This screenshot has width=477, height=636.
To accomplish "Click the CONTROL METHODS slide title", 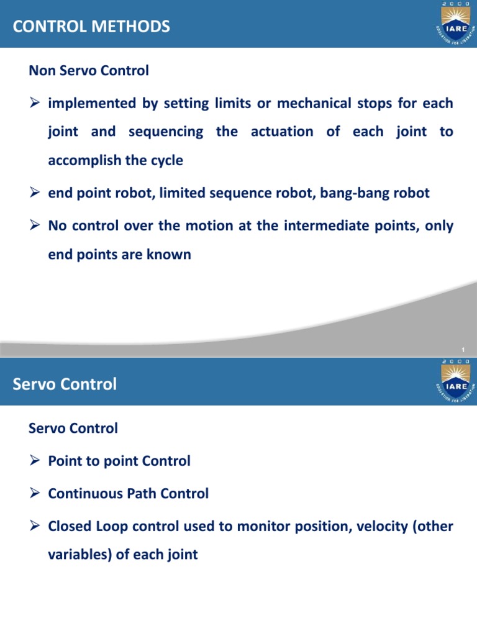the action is pos(91,27).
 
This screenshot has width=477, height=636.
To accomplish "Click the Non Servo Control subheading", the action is pos(89,71).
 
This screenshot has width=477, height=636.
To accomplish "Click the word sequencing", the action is pos(165,132).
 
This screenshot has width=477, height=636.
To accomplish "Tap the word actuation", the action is pos(282,132).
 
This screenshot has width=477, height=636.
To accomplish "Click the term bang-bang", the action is pos(351,193).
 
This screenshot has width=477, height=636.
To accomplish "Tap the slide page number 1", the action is pos(463,350).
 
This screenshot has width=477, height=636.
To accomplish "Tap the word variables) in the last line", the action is pos(79,555).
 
